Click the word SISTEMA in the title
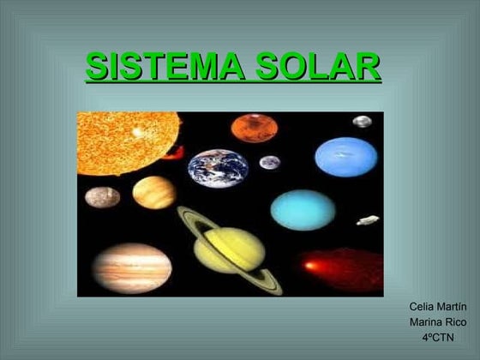point(165,66)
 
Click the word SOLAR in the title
point(318,66)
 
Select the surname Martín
point(452,307)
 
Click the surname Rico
point(456,322)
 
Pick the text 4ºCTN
point(438,338)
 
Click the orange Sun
point(127,143)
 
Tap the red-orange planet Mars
point(255,128)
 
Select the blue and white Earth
point(218,168)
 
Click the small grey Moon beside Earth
point(270,162)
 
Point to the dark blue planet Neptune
point(346,157)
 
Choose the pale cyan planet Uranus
point(303,210)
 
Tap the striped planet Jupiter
point(132,268)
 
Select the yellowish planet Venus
point(154,193)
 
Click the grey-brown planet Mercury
point(103,197)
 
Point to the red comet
point(341,269)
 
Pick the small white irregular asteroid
point(368,220)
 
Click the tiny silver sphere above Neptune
point(362,122)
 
